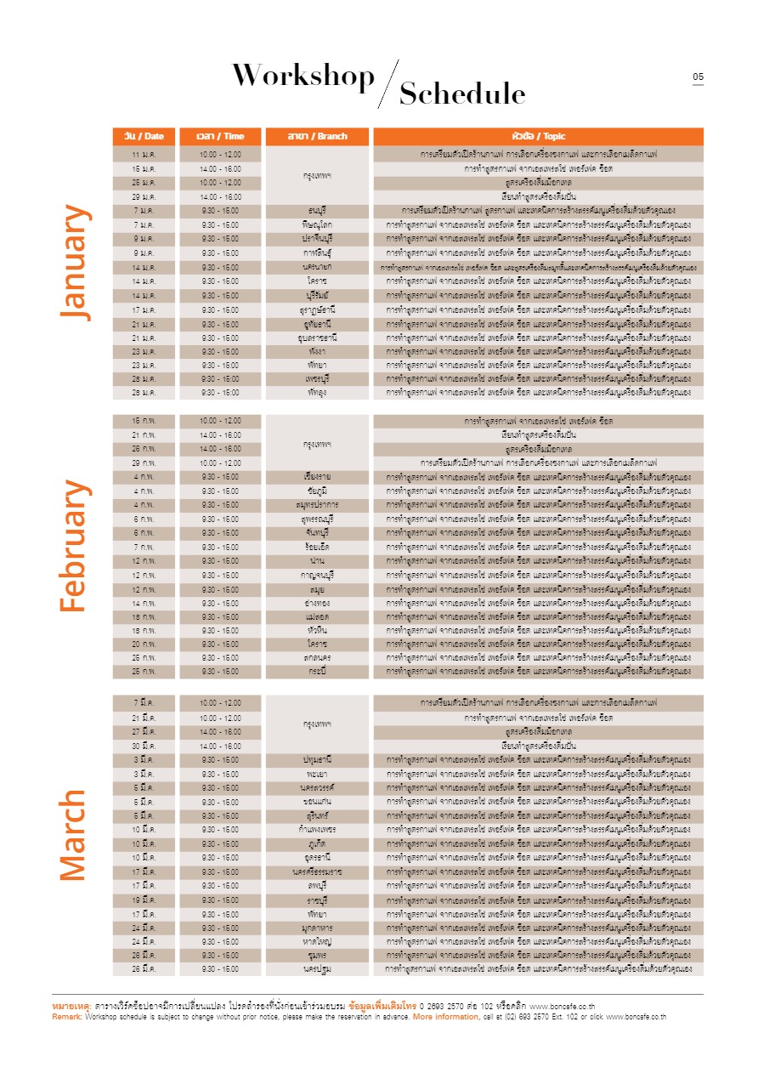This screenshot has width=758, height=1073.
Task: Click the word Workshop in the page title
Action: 303,77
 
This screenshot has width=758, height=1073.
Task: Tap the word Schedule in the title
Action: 462,94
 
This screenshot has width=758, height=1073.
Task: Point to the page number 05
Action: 698,77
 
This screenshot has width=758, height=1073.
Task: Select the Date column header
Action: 144,136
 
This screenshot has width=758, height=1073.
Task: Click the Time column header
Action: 220,136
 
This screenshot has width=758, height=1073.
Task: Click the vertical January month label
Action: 74,262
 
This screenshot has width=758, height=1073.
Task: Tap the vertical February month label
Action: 74,546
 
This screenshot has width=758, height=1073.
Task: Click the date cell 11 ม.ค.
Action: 143,155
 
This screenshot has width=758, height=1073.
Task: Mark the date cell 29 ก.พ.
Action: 143,463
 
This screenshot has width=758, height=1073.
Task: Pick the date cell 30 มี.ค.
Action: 143,746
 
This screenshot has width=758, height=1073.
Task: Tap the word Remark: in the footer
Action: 67,1017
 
